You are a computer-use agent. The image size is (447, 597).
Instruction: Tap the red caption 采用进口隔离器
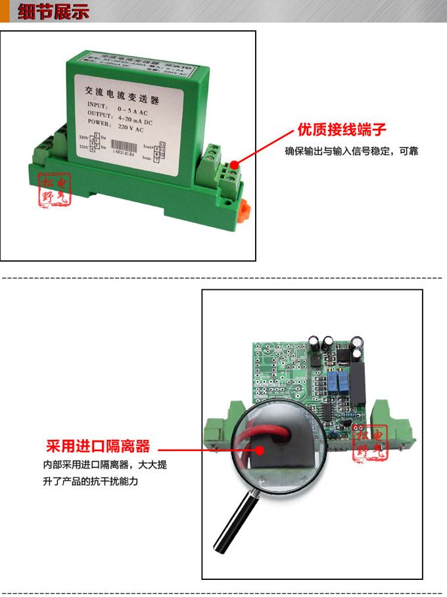coord(97,446)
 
